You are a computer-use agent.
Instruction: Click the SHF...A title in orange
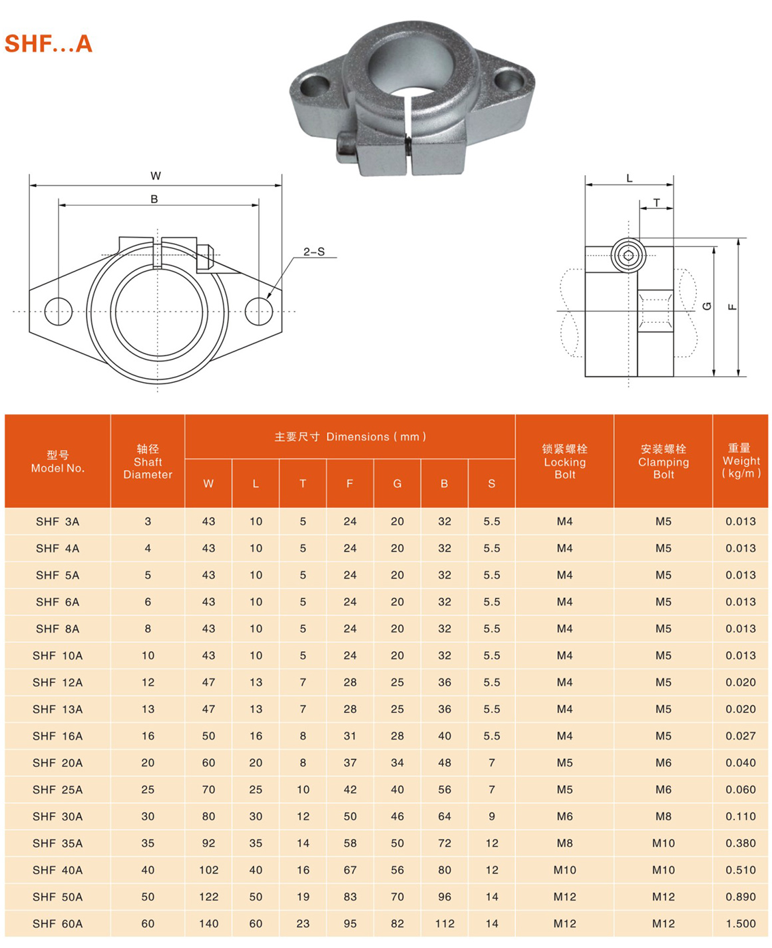tap(49, 44)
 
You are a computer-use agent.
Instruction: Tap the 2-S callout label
tap(314, 252)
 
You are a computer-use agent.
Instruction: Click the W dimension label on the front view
tap(156, 176)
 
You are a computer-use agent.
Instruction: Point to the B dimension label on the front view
tap(154, 199)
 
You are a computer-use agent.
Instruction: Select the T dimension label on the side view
tap(657, 202)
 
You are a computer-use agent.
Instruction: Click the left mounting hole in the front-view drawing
tap(59, 311)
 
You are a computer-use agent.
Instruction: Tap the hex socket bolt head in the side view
tap(628, 255)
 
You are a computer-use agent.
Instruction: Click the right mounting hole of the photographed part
tap(510, 81)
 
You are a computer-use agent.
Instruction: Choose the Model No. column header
tap(58, 461)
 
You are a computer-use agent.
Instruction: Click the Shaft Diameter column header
tap(148, 461)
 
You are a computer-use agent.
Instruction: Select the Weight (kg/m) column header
tap(741, 461)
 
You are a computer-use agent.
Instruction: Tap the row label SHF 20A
tap(58, 763)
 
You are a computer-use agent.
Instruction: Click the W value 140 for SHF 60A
tap(208, 924)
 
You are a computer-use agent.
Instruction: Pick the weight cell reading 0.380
tap(741, 843)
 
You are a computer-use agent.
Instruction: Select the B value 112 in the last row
tap(445, 924)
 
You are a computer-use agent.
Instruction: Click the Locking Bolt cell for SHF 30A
tap(564, 817)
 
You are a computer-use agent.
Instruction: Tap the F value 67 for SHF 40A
tap(350, 870)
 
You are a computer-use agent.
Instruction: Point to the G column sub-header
tap(397, 484)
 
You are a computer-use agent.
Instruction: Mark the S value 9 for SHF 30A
tap(492, 817)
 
